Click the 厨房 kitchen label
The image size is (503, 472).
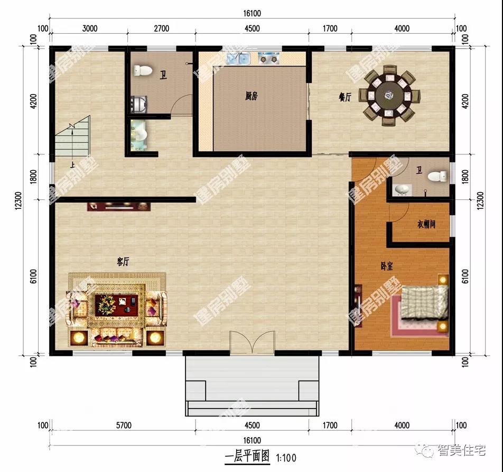251,96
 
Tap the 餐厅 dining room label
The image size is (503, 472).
345,97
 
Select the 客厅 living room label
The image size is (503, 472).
123,262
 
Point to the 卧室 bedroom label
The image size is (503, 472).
387,266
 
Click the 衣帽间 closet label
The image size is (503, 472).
426,224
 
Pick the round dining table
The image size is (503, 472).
389,95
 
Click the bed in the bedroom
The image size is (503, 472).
424,302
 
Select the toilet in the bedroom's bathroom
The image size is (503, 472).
437,176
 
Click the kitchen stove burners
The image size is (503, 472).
269,58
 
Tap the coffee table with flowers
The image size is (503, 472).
116,305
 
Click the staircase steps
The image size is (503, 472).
72,136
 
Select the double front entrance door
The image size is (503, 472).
252,343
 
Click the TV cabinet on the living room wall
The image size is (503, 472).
119,206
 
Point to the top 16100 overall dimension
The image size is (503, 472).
252,13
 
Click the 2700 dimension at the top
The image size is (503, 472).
161,29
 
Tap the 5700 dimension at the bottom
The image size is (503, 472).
124,425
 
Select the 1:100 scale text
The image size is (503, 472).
286,458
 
